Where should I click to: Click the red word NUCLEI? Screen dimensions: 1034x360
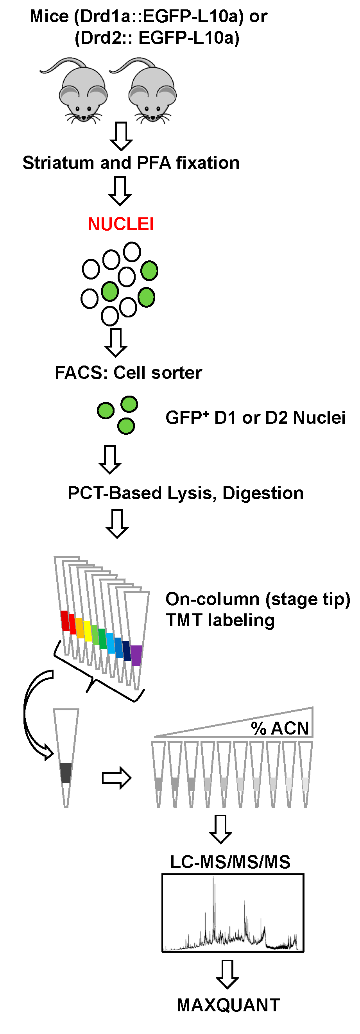[120, 224]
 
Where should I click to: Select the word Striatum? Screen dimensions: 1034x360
[58, 163]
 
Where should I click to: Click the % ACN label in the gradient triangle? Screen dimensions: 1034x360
[280, 728]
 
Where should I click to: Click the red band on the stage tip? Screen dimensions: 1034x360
[64, 620]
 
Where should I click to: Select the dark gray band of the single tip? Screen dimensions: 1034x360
[66, 773]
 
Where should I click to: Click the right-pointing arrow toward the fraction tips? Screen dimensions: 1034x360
[116, 778]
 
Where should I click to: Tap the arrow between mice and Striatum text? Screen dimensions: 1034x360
[121, 136]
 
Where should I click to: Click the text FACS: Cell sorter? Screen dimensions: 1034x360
[128, 373]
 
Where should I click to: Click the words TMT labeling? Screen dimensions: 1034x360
[220, 620]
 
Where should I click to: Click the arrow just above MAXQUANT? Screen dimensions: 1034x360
[227, 974]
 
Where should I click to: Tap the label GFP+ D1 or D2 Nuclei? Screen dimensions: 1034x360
[255, 418]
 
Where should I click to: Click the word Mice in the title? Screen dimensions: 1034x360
[49, 16]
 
